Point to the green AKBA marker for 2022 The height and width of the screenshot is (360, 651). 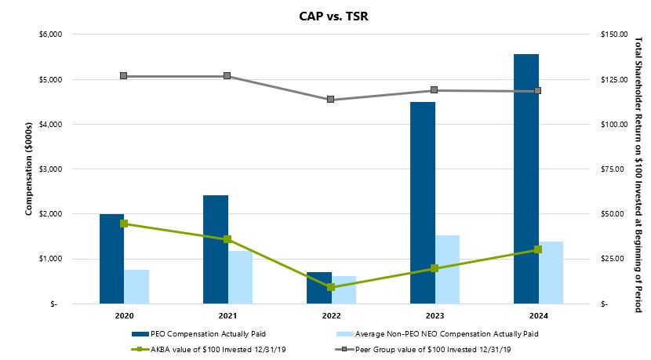[331, 287]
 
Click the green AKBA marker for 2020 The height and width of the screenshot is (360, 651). [124, 224]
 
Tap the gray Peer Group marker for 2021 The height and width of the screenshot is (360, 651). [227, 76]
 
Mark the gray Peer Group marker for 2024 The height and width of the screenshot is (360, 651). [538, 91]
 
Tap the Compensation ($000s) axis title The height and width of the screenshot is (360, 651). [29, 169]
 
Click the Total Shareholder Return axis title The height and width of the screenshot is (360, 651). [638, 169]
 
